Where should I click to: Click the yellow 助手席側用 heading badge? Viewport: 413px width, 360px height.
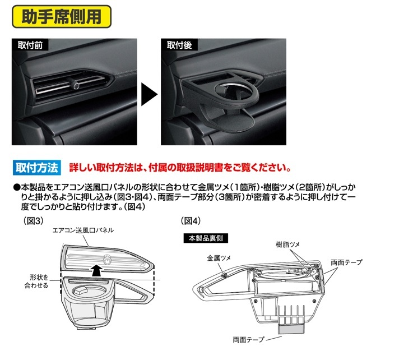click(62, 16)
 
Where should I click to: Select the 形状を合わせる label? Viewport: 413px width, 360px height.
click(39, 281)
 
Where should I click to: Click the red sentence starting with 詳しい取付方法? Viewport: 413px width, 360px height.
click(179, 167)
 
